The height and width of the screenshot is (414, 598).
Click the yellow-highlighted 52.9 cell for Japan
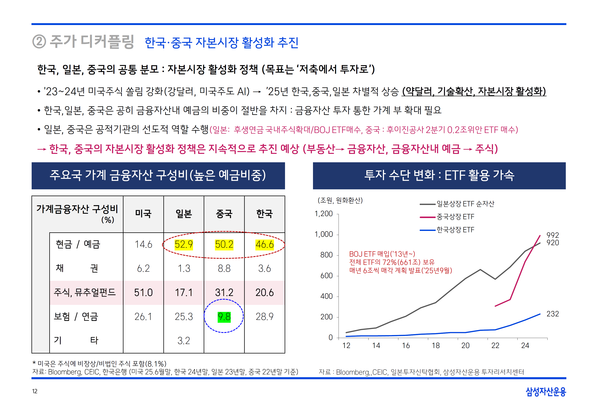point(184,244)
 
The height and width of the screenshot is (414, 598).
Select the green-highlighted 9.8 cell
point(224,317)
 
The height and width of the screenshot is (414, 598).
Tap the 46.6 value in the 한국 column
point(265,244)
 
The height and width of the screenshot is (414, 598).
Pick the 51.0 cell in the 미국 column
point(143,293)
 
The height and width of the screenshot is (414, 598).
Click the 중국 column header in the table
point(224,214)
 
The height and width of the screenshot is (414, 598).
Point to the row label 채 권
point(77,268)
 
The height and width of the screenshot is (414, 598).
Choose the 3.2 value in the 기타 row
point(184,341)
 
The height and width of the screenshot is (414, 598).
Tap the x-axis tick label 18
point(436,346)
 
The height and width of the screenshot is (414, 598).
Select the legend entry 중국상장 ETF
point(455,217)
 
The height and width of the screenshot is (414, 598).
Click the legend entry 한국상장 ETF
point(455,230)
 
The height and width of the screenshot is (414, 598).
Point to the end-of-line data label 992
point(553,235)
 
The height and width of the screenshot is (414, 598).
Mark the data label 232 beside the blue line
point(553,314)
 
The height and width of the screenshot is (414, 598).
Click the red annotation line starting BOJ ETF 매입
point(382,254)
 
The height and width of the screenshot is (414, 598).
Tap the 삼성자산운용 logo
point(546,392)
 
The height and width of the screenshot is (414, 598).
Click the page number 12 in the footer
point(35,391)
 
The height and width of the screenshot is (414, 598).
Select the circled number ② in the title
point(39,42)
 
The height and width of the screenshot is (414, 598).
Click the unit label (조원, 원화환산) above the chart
point(340,200)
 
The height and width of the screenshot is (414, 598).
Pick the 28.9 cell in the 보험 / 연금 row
point(265,317)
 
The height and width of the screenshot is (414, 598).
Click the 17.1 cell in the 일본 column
point(184,293)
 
